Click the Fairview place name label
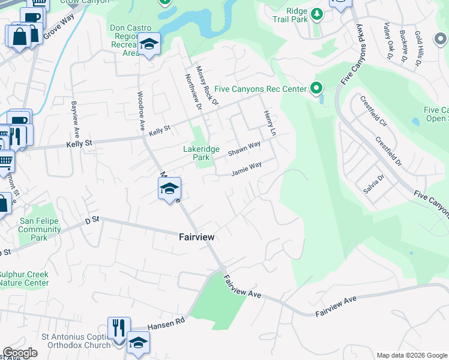click(x=197, y=237)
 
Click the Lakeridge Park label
click(x=201, y=153)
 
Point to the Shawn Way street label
click(x=244, y=148)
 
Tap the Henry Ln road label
click(x=268, y=122)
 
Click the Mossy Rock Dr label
click(x=208, y=85)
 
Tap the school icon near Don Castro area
click(x=149, y=44)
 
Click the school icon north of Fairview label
click(x=169, y=189)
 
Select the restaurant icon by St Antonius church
click(x=119, y=328)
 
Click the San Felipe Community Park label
click(x=41, y=229)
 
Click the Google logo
click(x=20, y=353)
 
